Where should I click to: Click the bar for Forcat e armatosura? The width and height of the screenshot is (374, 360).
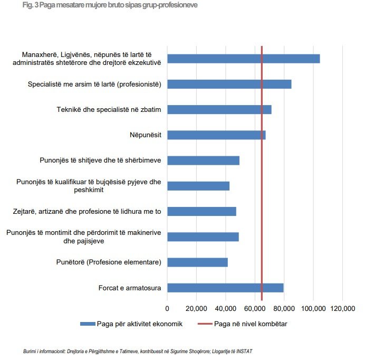pos(225,288)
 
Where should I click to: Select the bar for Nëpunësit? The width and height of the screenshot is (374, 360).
pos(216,135)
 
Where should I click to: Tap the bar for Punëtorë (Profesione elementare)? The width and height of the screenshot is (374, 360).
pos(197,262)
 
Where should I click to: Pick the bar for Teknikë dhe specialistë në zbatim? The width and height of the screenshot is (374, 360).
pos(219,109)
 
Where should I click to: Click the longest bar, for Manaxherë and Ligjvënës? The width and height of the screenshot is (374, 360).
pos(243,59)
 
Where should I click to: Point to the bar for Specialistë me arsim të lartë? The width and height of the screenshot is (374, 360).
pos(229,84)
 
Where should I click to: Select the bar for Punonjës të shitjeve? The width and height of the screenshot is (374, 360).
pos(203,160)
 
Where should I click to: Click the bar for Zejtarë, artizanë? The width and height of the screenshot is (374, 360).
pos(202,211)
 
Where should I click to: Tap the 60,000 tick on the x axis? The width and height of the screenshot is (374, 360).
pos(255,308)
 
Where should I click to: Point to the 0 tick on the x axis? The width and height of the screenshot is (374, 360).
pos(167,308)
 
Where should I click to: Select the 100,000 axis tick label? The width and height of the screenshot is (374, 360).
pos(313,308)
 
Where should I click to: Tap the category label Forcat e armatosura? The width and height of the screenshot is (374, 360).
pos(130,288)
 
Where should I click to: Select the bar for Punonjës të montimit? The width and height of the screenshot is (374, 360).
pos(203,237)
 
